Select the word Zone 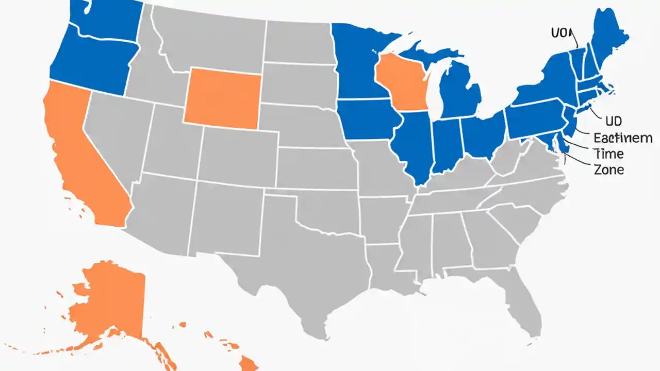pyautogui.click(x=609, y=170)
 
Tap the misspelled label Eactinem pyautogui.click(x=623, y=138)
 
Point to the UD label pyautogui.click(x=614, y=122)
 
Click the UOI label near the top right pyautogui.click(x=562, y=33)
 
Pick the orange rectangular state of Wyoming pyautogui.click(x=222, y=98)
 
